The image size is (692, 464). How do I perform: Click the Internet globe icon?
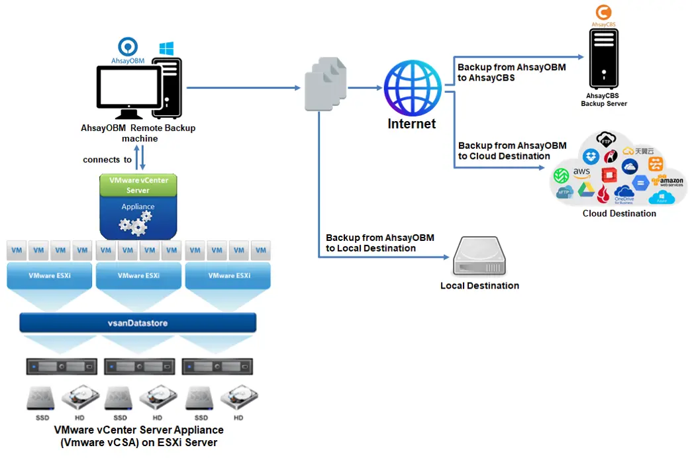click(x=413, y=88)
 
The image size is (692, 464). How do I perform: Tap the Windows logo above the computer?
click(x=166, y=49)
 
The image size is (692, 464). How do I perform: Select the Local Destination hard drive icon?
click(x=479, y=258)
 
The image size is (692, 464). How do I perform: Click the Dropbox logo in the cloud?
click(x=591, y=157)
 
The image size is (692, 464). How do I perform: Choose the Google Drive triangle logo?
click(x=585, y=190)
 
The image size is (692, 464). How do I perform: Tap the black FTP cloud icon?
click(x=605, y=140)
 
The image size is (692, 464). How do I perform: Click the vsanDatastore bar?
click(x=138, y=323)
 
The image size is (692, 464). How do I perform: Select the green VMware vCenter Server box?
click(x=138, y=185)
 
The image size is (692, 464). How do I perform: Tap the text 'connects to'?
click(x=107, y=160)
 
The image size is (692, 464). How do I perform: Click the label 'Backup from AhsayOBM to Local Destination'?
click(x=379, y=243)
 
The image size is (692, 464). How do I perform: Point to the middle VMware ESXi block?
click(x=138, y=276)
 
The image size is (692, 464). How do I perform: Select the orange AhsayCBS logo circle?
click(x=603, y=13)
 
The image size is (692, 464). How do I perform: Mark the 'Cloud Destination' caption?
click(x=619, y=213)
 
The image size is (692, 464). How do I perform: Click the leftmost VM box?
click(x=17, y=250)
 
